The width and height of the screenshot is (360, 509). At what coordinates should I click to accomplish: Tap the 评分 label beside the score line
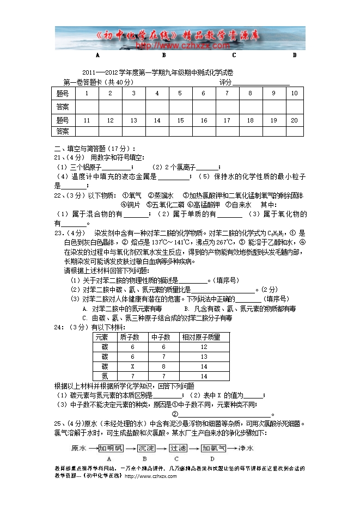[225, 82]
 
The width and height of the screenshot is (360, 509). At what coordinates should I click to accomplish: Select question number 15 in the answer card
[180, 120]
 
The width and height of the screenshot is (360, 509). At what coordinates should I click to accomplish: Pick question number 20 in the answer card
[294, 120]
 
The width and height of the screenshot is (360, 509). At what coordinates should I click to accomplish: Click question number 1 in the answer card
[87, 93]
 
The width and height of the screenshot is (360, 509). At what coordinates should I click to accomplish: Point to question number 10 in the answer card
[294, 93]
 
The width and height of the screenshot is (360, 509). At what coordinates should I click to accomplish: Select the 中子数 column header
[162, 338]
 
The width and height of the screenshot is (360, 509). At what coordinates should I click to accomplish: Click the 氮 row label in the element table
[105, 376]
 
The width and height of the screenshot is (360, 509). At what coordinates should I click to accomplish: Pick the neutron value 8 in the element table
[163, 366]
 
